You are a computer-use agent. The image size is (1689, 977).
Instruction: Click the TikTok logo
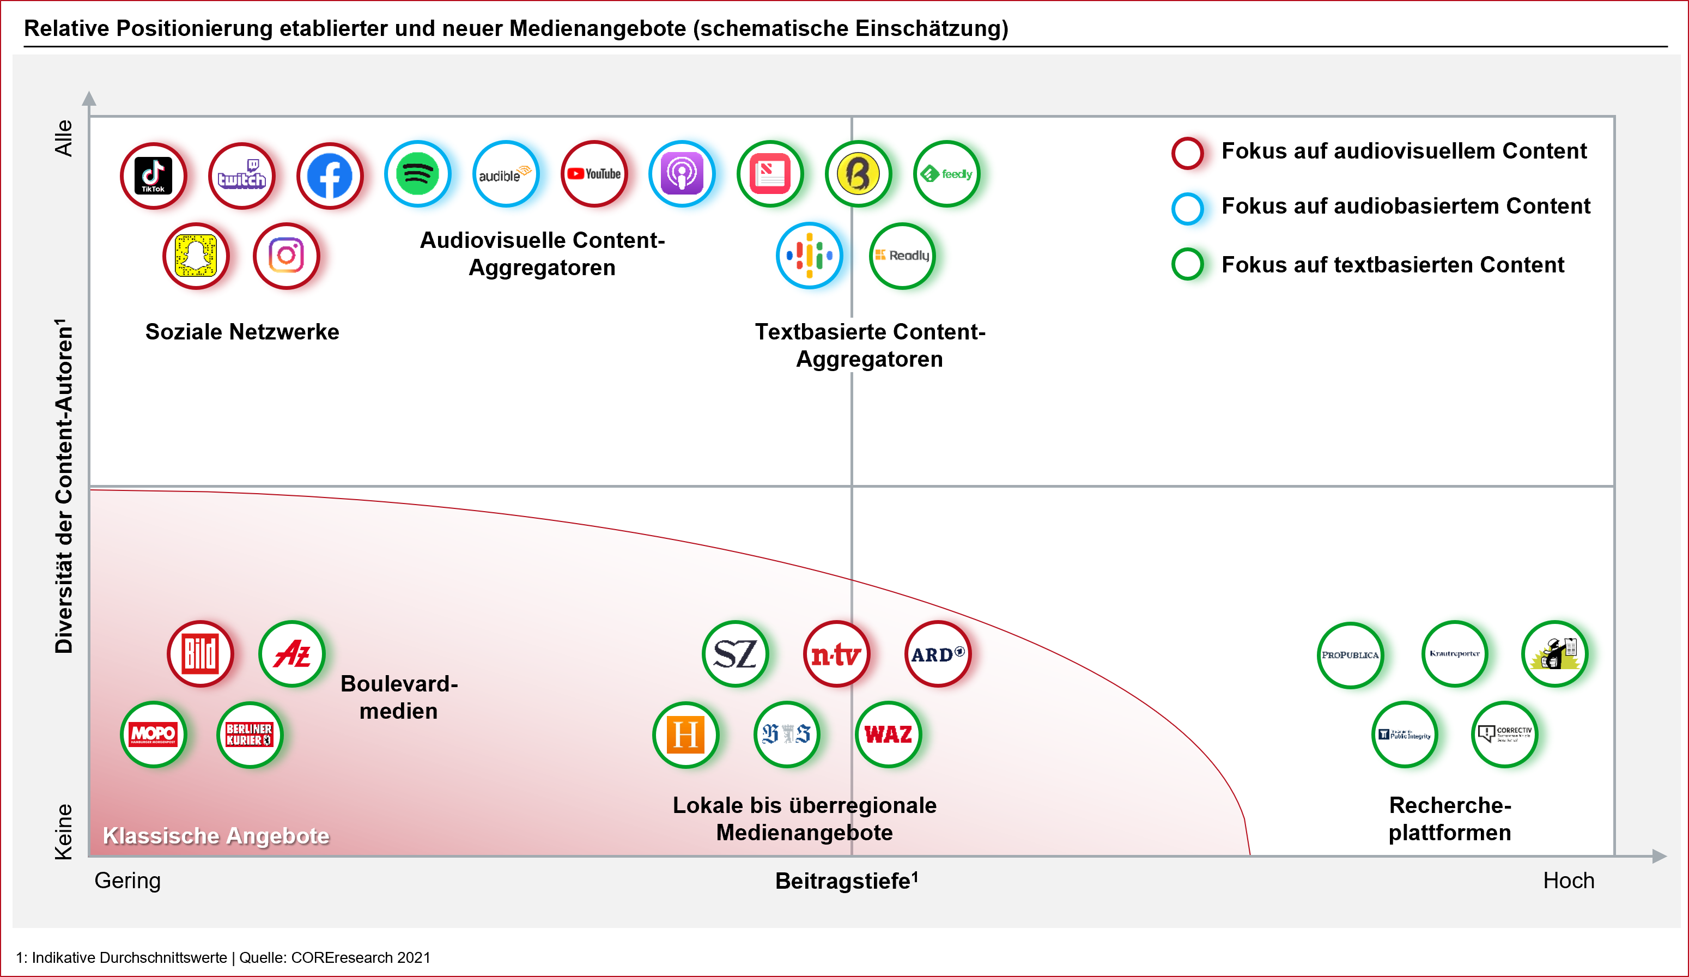[154, 175]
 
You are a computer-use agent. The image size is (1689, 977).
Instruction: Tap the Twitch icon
[241, 175]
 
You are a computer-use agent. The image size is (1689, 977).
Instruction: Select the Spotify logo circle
[417, 174]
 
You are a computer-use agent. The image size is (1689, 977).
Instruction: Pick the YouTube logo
[594, 174]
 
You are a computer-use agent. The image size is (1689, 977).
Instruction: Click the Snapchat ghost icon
[196, 256]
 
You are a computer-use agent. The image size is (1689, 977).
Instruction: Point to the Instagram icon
[286, 256]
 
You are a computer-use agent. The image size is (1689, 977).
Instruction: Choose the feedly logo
[946, 174]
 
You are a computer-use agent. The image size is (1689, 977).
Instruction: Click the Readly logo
[902, 256]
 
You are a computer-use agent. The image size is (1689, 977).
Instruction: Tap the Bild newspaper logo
[201, 653]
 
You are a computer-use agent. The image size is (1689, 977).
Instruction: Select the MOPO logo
[154, 734]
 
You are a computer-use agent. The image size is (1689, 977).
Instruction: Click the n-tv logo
[836, 653]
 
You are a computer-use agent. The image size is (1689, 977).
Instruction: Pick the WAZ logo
[888, 734]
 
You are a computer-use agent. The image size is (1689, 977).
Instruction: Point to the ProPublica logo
[1350, 654]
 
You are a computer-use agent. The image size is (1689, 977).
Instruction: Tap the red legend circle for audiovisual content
[1187, 153]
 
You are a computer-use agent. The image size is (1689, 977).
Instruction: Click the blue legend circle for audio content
[1187, 208]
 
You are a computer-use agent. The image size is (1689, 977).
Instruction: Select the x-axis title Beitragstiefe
[846, 881]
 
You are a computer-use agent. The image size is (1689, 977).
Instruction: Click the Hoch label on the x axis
[1569, 881]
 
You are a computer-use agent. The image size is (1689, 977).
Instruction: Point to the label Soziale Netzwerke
[242, 332]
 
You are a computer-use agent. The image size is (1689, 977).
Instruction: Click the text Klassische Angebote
[216, 836]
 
